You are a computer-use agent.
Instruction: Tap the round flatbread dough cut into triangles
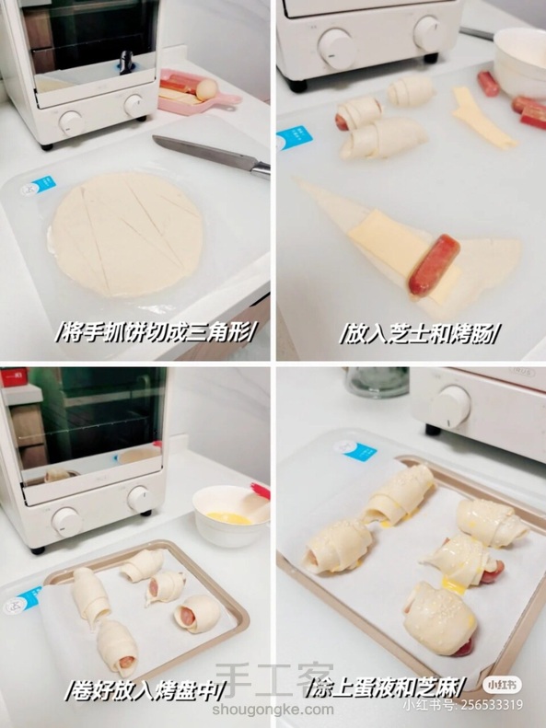[x=126, y=234]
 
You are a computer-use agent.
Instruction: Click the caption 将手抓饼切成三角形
[x=156, y=332]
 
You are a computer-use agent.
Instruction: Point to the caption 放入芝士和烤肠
[x=419, y=333]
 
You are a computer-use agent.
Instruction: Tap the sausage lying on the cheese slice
[x=434, y=265]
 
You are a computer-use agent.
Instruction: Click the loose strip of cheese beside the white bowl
[x=482, y=119]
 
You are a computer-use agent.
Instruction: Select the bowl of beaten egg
[x=231, y=515]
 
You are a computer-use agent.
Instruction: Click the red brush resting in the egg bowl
[x=261, y=491]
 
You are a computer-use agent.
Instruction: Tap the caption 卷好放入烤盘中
[x=145, y=690]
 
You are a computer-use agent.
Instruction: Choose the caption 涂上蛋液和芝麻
[x=386, y=688]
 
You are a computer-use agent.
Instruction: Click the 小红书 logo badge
[x=503, y=685]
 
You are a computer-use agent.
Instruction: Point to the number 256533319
[x=490, y=705]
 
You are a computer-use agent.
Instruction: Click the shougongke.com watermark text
[x=273, y=710]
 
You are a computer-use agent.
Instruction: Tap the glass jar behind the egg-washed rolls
[x=378, y=382]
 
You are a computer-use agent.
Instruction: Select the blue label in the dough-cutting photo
[x=43, y=184]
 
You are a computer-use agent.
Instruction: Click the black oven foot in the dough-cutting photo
[x=46, y=146]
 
